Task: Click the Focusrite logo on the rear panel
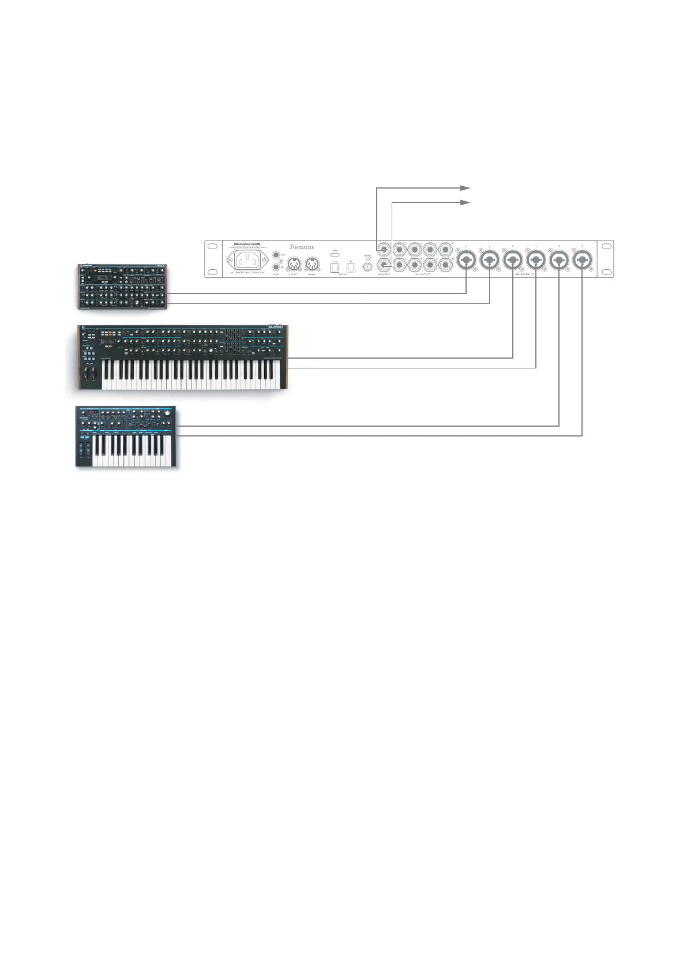[x=302, y=247]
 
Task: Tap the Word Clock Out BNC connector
[x=367, y=266]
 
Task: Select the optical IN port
[x=351, y=267]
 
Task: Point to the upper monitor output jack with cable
[x=384, y=250]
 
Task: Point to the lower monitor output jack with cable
[x=384, y=265]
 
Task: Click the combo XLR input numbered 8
[x=466, y=261]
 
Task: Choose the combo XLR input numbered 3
[x=581, y=261]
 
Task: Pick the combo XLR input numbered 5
[x=536, y=261]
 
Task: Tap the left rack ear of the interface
[x=213, y=259]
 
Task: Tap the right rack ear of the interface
[x=605, y=259]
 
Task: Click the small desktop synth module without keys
[x=122, y=287]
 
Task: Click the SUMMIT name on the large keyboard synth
[x=275, y=328]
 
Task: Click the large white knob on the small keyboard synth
[x=167, y=412]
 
